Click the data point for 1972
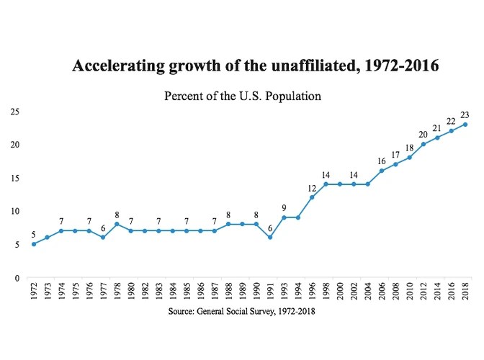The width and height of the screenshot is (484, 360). (34, 244)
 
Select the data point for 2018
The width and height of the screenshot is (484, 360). (465, 125)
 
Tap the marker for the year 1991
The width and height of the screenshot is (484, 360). (270, 238)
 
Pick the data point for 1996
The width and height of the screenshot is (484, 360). (312, 197)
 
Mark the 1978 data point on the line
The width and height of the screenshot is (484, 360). (117, 224)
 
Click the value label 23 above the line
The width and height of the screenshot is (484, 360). (465, 114)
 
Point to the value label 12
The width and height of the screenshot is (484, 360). (312, 187)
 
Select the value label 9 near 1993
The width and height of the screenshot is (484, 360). (284, 207)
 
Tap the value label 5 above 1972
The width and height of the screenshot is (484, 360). (34, 234)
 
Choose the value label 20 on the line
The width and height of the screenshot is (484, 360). (423, 134)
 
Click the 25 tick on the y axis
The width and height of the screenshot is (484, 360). (14, 112)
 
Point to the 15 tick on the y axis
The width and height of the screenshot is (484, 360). (14, 179)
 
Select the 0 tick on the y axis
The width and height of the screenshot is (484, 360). (16, 278)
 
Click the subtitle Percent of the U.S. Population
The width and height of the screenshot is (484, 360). (241, 96)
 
